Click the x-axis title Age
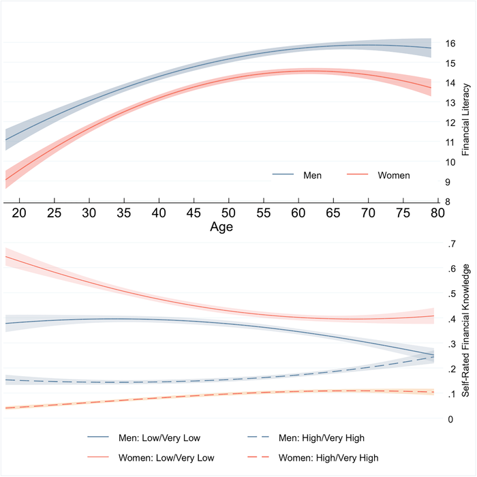coord(221,227)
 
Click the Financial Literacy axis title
coord(466,120)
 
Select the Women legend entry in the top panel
coord(394,175)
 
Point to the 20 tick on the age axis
coord(19,213)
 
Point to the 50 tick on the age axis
coord(228,213)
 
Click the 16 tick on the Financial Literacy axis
coord(450,43)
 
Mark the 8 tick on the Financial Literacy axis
coord(447,202)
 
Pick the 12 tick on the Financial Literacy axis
coord(450,123)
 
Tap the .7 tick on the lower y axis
coord(450,244)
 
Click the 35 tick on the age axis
coord(124,213)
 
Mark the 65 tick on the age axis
coord(333,213)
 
